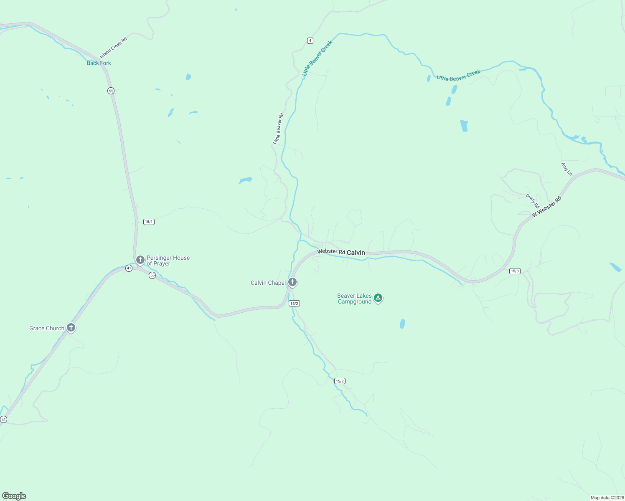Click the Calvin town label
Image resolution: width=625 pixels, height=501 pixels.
click(356, 253)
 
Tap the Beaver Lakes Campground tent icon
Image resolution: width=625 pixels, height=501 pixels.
click(378, 298)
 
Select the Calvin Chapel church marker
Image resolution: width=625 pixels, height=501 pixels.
click(292, 282)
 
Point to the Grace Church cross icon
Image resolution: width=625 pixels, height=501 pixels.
click(71, 327)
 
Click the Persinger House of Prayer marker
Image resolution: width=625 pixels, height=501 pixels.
click(140, 260)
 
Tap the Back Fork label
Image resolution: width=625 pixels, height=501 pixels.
click(99, 63)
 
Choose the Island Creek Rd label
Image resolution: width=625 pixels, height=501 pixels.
click(113, 48)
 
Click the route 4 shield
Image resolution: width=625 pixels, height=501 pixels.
click(310, 40)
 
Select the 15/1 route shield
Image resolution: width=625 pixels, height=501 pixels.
click(149, 222)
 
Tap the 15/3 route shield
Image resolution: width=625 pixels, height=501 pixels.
click(515, 271)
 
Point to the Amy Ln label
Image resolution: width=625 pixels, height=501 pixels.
click(567, 169)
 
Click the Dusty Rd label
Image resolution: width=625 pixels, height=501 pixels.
click(533, 201)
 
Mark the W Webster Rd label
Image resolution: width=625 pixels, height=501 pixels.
click(546, 207)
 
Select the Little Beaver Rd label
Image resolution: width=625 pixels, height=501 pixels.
click(278, 129)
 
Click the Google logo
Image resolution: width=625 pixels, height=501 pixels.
click(14, 496)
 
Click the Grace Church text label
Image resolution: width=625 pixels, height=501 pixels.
click(47, 329)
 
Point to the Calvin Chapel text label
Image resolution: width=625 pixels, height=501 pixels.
click(268, 283)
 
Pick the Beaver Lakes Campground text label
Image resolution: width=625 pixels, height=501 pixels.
click(354, 299)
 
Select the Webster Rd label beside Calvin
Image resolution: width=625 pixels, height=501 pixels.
click(331, 252)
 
